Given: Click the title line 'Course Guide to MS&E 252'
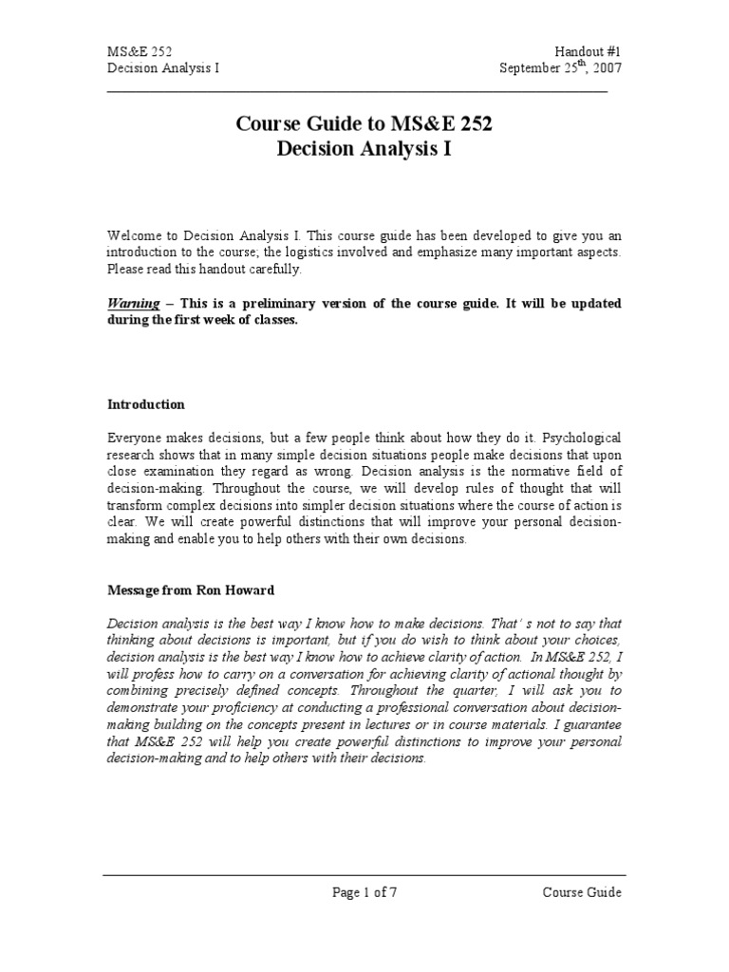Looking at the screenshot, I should click(x=364, y=123).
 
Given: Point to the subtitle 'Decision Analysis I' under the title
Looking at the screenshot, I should click(x=364, y=149).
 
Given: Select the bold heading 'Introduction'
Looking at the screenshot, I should click(x=146, y=403).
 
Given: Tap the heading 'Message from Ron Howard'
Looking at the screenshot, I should click(x=190, y=589).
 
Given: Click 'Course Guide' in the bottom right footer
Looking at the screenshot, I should click(x=582, y=891).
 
